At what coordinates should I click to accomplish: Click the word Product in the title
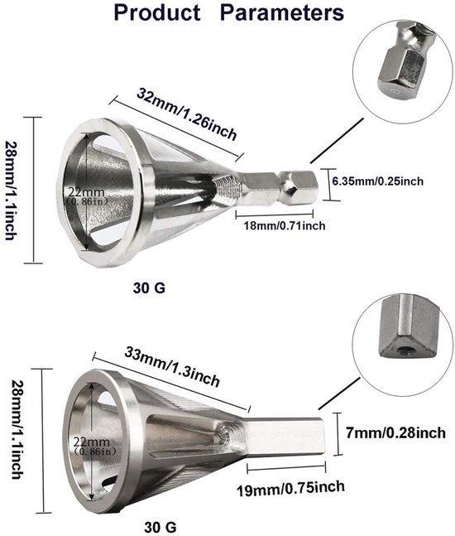(x=157, y=13)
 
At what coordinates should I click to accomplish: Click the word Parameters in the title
(x=282, y=13)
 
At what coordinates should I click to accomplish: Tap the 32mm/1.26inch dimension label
(x=187, y=113)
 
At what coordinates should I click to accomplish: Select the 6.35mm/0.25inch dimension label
(x=378, y=181)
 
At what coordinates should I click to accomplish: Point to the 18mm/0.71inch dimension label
(x=285, y=225)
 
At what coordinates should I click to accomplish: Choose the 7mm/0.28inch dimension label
(x=395, y=432)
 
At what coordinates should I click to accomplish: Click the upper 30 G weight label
(x=149, y=287)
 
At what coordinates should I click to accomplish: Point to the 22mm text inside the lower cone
(x=92, y=442)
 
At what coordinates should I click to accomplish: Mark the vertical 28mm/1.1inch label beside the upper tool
(x=10, y=191)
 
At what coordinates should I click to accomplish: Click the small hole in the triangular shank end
(x=405, y=350)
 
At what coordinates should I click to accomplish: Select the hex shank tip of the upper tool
(x=299, y=186)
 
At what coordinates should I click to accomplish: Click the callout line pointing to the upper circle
(x=338, y=140)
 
